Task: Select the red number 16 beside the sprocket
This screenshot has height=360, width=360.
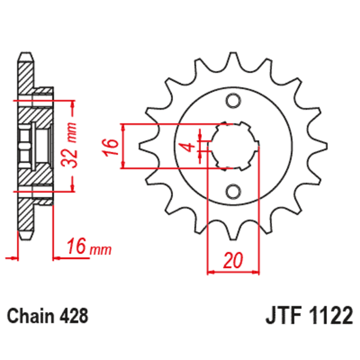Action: coord(111,146)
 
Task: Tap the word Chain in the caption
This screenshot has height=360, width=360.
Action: coord(29,315)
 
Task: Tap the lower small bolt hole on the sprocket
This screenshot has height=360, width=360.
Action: coord(234,191)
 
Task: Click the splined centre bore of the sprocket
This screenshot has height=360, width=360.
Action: coord(235,146)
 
